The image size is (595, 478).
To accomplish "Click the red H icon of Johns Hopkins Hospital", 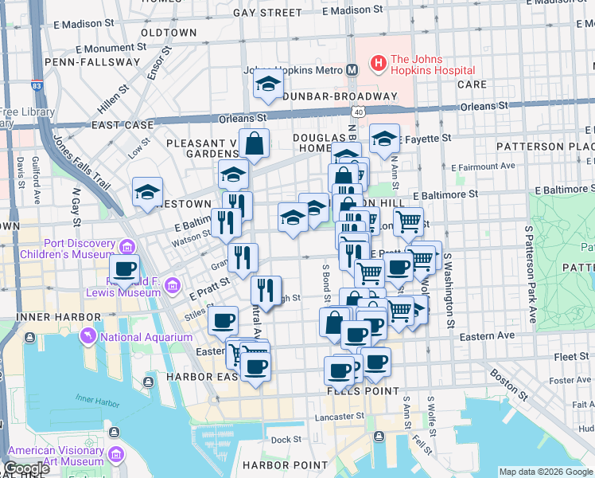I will (378, 61).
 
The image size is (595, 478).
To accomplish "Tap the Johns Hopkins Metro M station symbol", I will (351, 70).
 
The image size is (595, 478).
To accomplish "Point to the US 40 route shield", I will (360, 113).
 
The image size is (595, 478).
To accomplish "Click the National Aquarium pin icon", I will (87, 337).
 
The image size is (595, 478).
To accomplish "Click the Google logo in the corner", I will (26, 468).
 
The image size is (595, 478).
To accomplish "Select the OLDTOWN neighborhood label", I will (168, 33).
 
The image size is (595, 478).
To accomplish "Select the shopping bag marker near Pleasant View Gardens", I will (255, 144).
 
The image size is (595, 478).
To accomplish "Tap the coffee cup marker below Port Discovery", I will (125, 269).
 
